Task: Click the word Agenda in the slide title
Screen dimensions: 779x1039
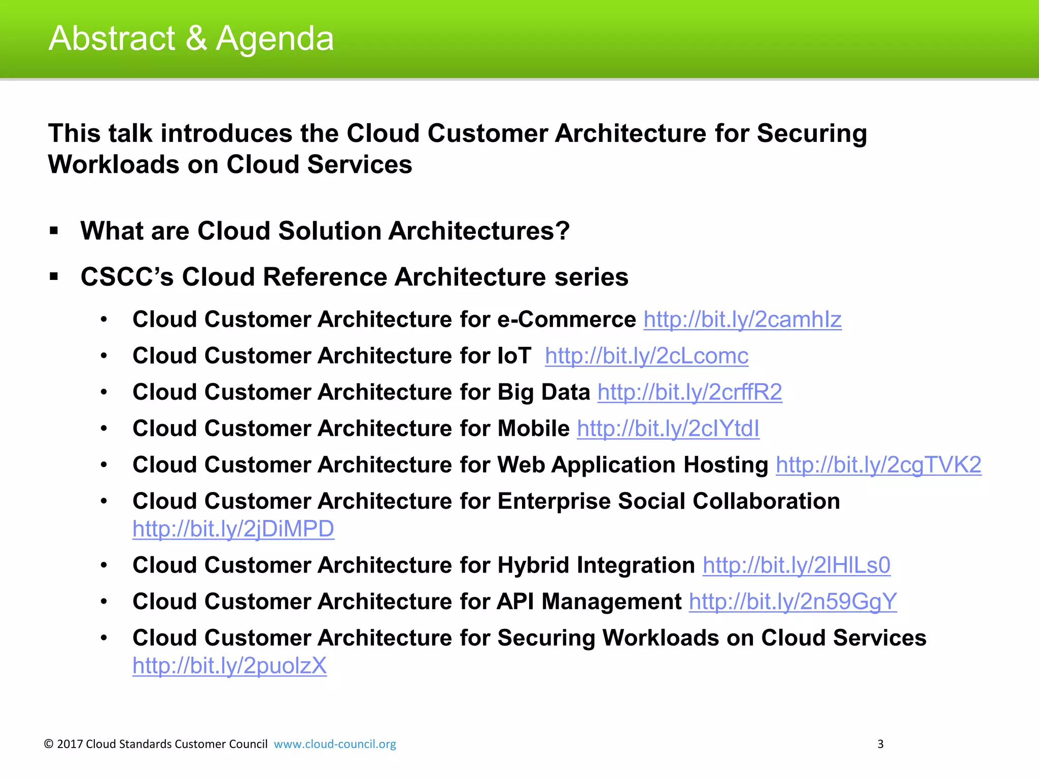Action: [274, 40]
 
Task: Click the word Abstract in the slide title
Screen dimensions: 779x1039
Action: [112, 39]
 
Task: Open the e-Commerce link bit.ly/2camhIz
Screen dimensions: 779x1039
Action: [742, 320]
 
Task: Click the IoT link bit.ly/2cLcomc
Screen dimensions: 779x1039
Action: [646, 356]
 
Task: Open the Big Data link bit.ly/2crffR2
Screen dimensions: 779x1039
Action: [689, 393]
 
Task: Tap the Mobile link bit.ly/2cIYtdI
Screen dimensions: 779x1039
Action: [668, 429]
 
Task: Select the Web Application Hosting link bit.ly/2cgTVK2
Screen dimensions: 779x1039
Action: [878, 465]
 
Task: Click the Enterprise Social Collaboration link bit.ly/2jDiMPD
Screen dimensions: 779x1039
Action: [233, 529]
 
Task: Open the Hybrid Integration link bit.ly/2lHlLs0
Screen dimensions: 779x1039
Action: [796, 565]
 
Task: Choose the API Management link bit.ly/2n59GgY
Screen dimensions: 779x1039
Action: [792, 602]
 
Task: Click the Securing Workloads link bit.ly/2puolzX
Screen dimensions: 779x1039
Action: [229, 666]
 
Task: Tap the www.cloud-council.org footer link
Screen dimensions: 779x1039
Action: [335, 744]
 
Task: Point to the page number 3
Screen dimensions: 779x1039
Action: [880, 744]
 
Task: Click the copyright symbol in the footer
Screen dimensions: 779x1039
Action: [49, 744]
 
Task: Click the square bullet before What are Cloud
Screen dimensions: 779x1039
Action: [54, 231]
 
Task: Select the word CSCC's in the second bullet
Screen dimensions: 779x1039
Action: [127, 277]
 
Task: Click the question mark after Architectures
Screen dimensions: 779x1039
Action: [563, 231]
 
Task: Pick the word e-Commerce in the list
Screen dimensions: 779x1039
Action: [566, 320]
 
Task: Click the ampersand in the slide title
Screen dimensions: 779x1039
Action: [196, 39]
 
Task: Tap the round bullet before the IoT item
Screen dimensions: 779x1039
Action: [104, 356]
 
